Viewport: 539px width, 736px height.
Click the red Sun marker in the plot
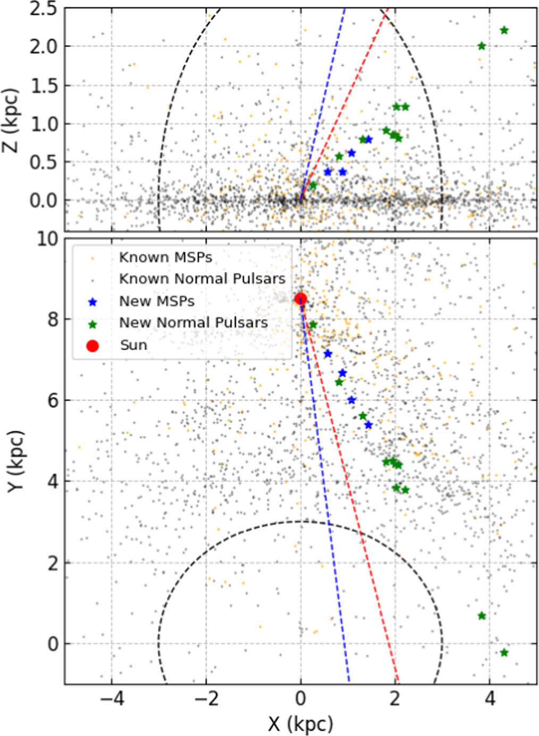point(300,299)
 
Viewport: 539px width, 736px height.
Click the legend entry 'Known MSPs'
point(165,258)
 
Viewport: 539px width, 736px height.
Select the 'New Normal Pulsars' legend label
point(193,323)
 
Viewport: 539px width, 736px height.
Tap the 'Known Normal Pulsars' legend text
point(202,279)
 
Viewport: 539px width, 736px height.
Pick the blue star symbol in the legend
point(92,302)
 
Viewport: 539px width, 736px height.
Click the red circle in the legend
point(92,346)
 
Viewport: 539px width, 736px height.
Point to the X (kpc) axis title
point(300,723)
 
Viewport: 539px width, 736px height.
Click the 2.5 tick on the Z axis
point(43,9)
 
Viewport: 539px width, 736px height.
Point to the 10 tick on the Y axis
point(47,239)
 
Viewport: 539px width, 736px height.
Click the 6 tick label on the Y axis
point(53,400)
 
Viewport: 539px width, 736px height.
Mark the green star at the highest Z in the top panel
point(504,30)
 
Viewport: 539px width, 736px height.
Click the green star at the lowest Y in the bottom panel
point(504,653)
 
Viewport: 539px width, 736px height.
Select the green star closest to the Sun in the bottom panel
point(313,324)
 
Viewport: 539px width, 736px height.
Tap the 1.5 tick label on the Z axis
point(43,85)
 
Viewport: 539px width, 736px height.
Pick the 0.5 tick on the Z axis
point(43,162)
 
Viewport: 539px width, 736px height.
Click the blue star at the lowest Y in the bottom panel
point(368,425)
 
